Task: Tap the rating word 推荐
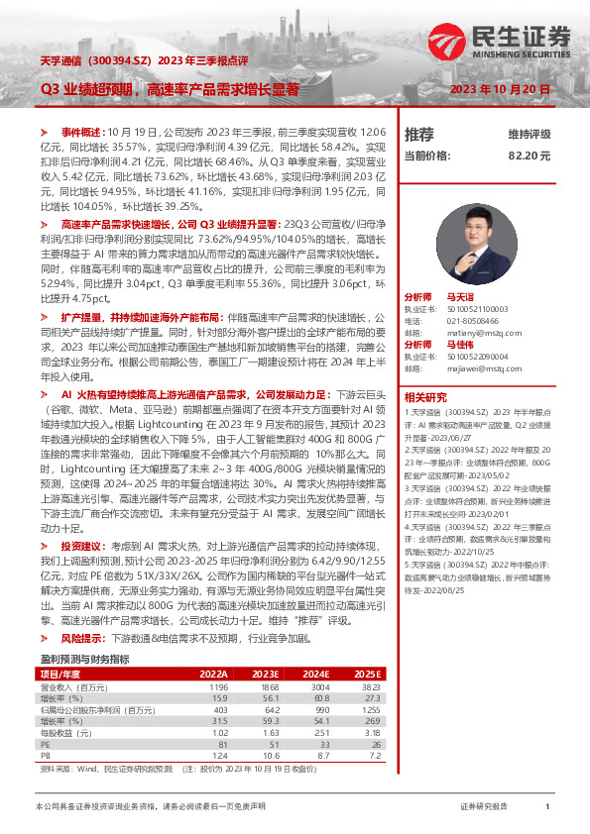pyautogui.click(x=419, y=134)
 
